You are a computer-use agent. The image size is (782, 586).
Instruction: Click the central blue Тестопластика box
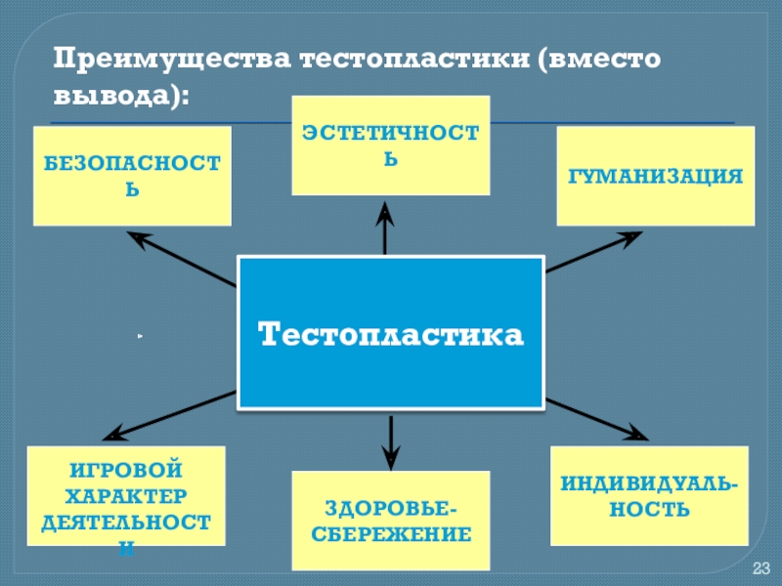390,333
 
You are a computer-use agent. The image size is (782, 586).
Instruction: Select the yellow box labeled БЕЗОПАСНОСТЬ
132,176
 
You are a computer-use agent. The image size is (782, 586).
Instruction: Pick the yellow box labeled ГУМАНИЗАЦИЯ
656,176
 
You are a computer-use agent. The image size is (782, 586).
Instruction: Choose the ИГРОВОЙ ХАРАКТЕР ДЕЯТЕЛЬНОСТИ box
126,496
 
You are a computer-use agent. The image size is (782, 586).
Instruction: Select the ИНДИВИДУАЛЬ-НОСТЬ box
649,496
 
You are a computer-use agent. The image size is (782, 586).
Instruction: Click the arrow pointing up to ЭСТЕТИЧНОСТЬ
386,230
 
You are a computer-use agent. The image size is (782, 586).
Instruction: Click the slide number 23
761,569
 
